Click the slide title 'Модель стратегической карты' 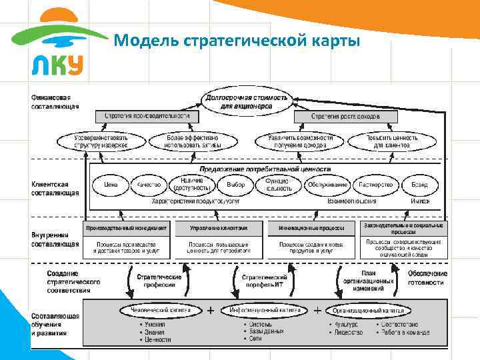point(237,41)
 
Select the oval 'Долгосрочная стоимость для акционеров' point(247,101)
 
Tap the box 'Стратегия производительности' point(146,116)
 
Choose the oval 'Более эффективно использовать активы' point(192,141)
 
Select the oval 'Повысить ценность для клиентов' point(391,141)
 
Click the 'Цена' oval point(110,184)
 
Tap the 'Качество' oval point(149,184)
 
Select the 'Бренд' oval point(419,184)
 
